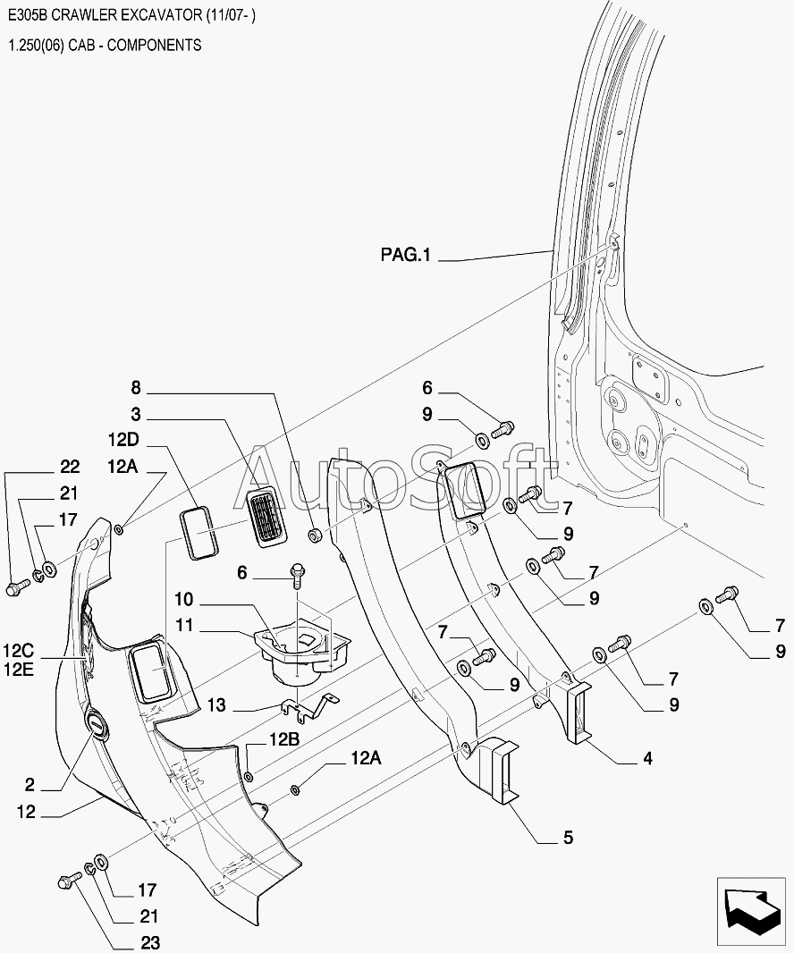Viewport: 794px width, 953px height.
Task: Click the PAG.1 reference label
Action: coord(406,254)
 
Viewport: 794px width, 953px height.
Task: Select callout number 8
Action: coord(136,387)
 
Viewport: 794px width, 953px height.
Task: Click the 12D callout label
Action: coord(123,440)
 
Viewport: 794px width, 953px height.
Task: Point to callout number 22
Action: coord(70,466)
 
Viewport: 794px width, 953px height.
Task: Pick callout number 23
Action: coord(150,942)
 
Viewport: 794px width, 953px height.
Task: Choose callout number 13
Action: coord(215,705)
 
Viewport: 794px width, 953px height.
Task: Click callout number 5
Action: coord(569,838)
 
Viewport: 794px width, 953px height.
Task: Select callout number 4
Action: coord(647,758)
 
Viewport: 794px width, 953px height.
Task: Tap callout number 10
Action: coord(183,599)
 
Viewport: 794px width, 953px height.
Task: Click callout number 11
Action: coord(184,625)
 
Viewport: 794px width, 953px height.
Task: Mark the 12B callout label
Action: coord(284,739)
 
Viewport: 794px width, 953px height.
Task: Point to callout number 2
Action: coord(30,785)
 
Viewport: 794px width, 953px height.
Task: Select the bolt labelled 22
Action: coord(17,587)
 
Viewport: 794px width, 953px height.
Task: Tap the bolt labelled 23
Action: coord(69,879)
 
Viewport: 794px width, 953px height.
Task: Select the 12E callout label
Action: coord(19,670)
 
